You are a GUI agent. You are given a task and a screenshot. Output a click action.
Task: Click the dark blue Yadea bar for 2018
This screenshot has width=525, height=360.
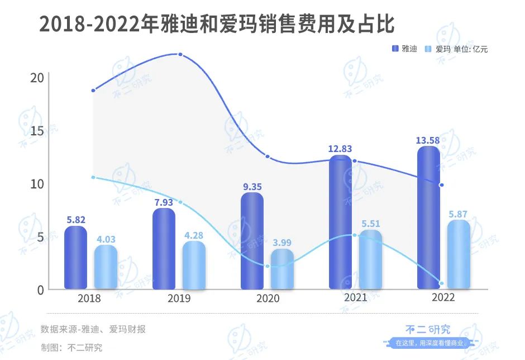click(x=75, y=258)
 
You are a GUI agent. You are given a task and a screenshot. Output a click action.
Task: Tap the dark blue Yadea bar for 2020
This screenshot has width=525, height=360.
click(x=252, y=241)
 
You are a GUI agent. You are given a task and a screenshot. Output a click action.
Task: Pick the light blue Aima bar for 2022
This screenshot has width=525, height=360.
click(x=458, y=254)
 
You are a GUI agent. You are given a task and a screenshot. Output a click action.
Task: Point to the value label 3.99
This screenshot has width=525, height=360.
click(x=281, y=243)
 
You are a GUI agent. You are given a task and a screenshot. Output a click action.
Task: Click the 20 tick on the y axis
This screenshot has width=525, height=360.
click(x=37, y=77)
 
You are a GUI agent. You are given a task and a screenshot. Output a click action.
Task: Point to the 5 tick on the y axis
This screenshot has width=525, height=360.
click(x=40, y=237)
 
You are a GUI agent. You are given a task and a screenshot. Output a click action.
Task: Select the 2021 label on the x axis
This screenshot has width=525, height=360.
click(x=355, y=297)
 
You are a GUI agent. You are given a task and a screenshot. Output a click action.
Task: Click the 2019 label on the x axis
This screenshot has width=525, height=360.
click(x=179, y=299)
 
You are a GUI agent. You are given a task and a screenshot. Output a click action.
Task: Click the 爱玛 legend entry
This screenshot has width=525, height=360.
click(x=438, y=49)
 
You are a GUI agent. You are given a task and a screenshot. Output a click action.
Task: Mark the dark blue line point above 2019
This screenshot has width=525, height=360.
click(x=180, y=54)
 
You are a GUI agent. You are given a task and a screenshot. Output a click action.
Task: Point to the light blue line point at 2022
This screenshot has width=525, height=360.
click(x=441, y=283)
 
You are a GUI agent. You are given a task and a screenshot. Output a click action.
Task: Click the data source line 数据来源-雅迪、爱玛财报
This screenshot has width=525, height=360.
click(x=93, y=329)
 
